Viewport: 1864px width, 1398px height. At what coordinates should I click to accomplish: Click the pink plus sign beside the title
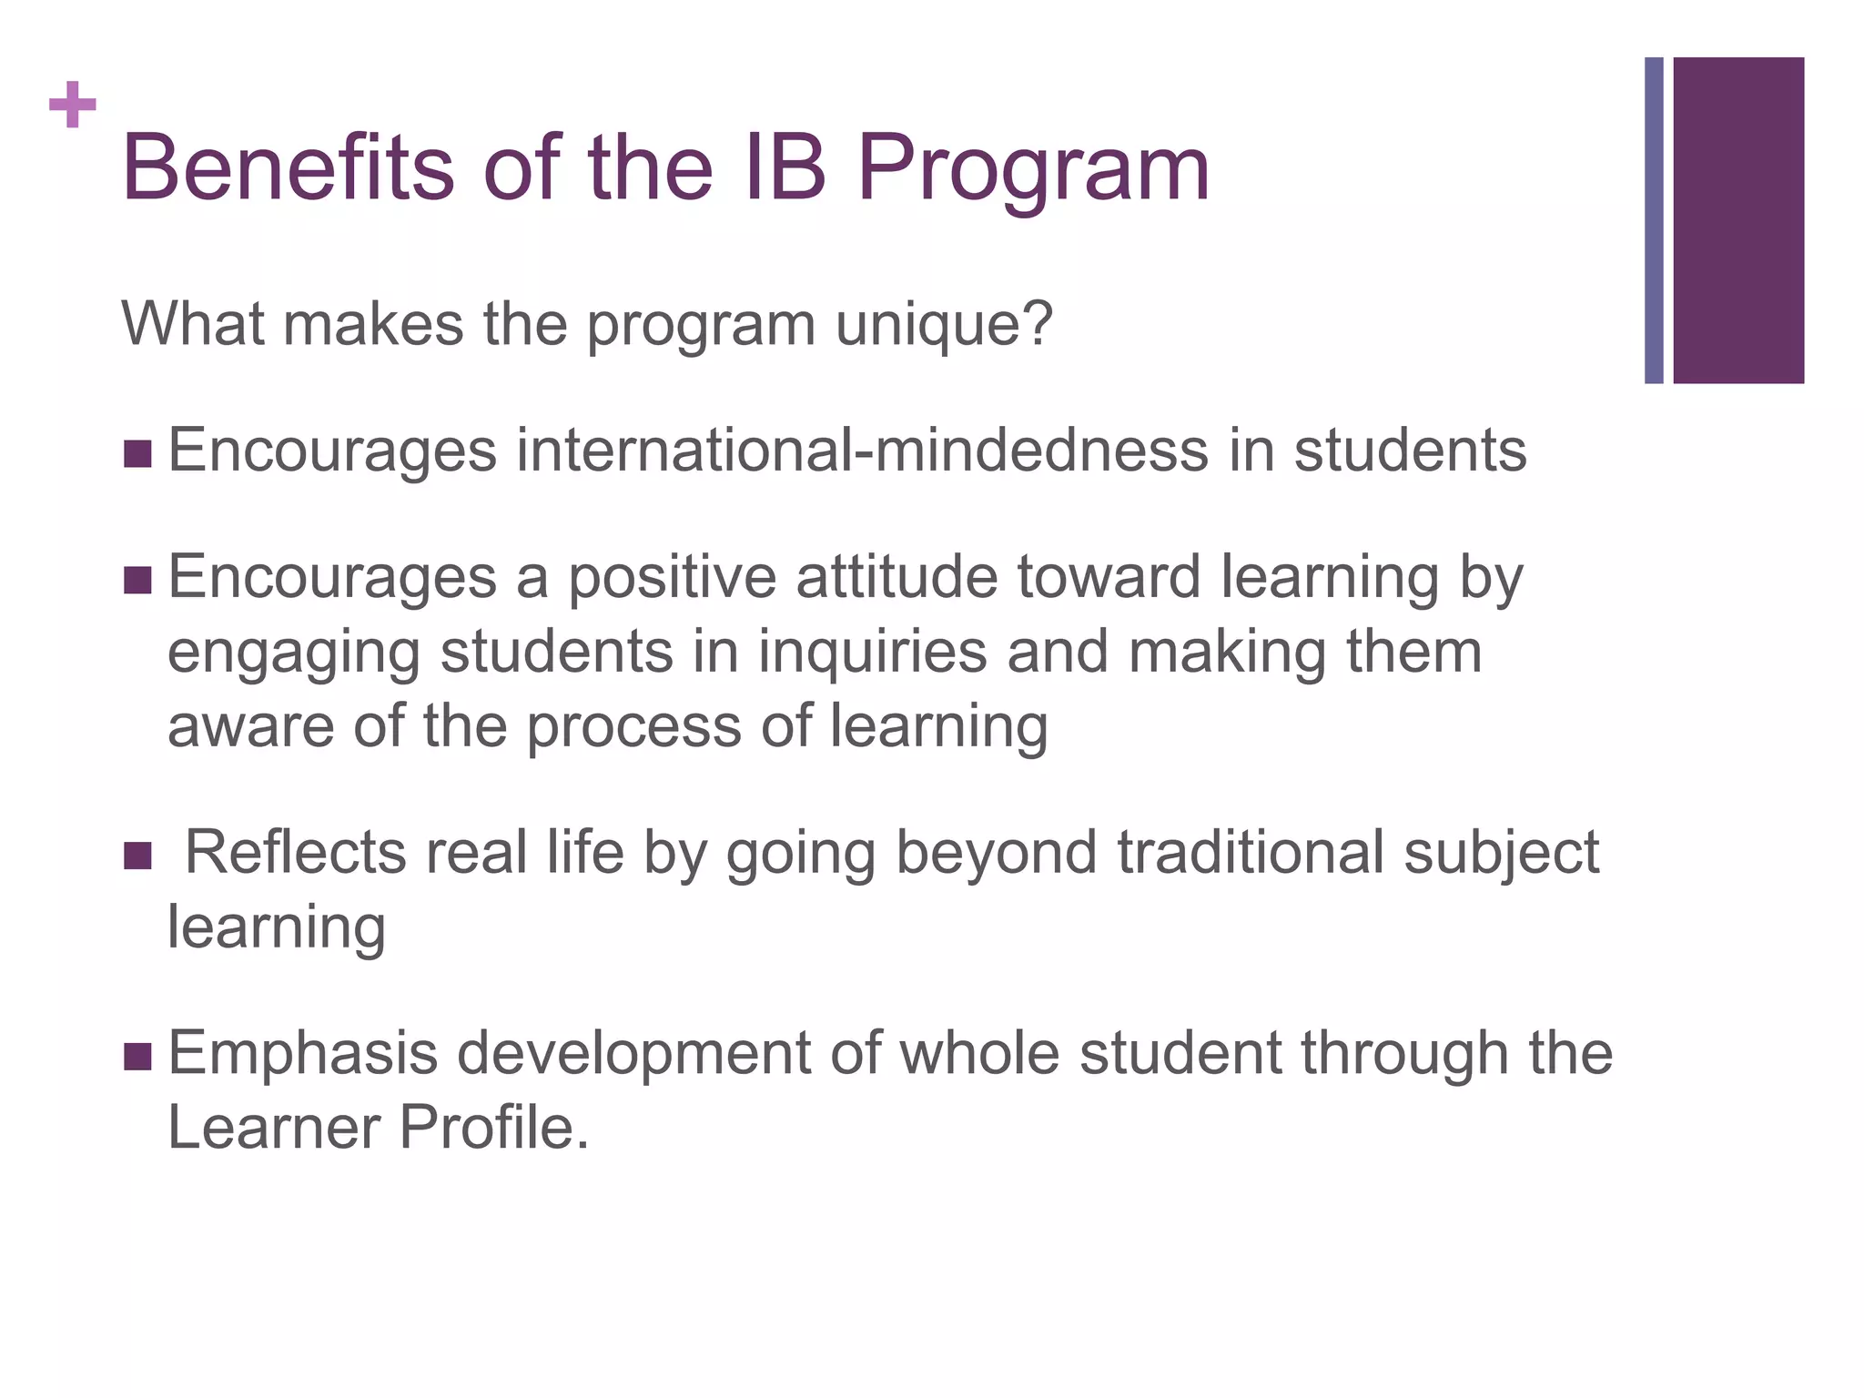73,106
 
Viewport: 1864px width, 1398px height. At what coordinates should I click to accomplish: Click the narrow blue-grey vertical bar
1654,220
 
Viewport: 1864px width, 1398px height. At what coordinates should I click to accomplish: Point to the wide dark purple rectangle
1738,220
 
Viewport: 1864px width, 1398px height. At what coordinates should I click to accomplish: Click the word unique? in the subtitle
944,325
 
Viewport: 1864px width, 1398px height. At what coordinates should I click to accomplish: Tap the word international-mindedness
861,450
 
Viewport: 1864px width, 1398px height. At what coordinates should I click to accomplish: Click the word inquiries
872,653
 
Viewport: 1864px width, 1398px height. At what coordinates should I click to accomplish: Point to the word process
634,728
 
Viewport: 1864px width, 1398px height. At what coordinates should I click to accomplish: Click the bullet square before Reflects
137,856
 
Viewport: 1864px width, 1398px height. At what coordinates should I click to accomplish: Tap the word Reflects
295,852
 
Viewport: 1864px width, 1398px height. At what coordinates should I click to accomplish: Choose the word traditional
1250,852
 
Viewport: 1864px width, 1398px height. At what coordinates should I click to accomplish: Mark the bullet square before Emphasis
137,1057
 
